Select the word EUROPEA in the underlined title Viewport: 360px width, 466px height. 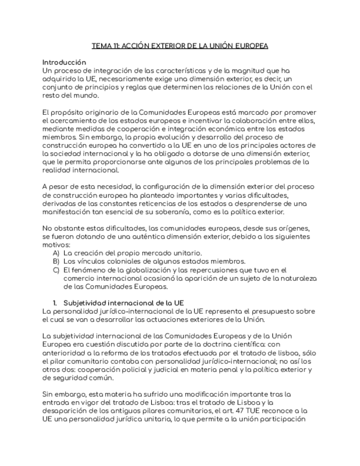[x=251, y=46]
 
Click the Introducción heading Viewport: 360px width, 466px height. [x=64, y=63]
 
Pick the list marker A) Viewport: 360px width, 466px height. [x=56, y=253]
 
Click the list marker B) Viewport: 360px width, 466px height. [x=56, y=261]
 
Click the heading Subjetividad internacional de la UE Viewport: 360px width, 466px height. [x=123, y=303]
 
